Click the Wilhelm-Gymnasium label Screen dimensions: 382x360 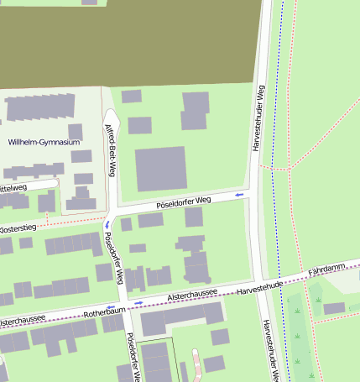[44, 143]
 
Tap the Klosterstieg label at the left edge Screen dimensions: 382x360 [18, 228]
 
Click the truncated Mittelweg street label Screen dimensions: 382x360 [13, 187]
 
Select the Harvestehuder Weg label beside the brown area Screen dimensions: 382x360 [261, 118]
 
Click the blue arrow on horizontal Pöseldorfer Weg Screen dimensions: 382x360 [240, 195]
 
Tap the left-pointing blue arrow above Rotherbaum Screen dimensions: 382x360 [112, 306]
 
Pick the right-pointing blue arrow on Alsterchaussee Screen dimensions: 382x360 [139, 303]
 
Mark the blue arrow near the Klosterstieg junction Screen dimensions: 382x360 [107, 224]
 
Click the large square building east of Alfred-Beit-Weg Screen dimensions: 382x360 [160, 169]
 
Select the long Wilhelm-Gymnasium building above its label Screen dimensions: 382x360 [39, 107]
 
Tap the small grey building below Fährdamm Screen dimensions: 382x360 [334, 308]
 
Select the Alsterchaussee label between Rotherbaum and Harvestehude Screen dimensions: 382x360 [192, 294]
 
